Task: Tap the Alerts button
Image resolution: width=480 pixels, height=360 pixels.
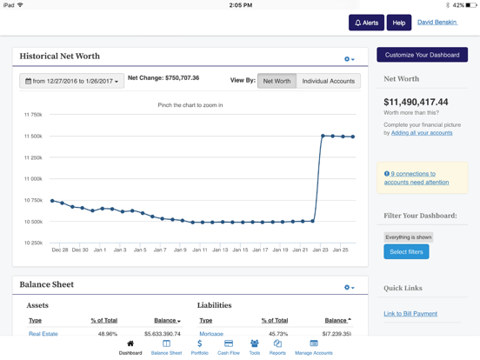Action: (365, 23)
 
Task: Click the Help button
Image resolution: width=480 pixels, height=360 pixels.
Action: (398, 23)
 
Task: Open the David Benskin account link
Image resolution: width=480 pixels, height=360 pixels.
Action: (437, 23)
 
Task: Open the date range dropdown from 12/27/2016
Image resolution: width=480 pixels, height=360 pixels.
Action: (71, 81)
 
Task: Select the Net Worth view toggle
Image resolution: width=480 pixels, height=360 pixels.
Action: (277, 81)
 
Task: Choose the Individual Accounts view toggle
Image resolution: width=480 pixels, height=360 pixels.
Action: (328, 81)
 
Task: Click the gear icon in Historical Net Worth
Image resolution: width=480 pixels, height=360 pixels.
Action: (349, 59)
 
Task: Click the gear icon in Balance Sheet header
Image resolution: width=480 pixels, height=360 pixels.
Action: (349, 287)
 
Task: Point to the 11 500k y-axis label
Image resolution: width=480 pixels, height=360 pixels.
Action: (33, 136)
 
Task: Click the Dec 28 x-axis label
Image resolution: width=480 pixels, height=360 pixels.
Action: (59, 250)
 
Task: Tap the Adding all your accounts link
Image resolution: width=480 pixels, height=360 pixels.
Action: (422, 133)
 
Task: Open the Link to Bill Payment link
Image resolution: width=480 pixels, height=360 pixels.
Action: (410, 313)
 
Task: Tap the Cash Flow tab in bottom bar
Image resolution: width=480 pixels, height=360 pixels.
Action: (229, 347)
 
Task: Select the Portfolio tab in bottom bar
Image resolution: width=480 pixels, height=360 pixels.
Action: (199, 347)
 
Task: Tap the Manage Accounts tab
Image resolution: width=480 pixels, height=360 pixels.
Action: (313, 347)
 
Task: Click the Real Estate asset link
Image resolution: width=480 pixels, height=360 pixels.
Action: (43, 334)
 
